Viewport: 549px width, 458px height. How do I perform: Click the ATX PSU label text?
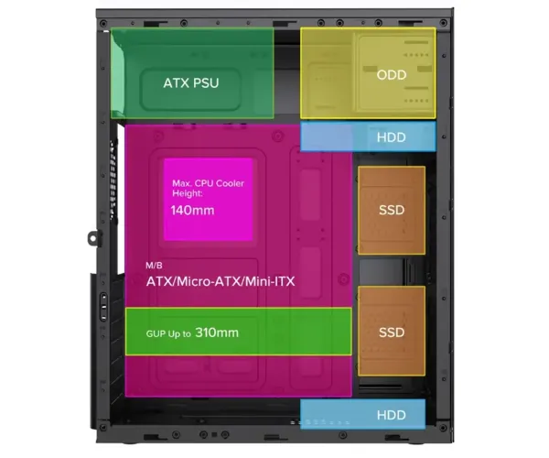(191, 83)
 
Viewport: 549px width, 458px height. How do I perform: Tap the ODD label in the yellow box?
(392, 74)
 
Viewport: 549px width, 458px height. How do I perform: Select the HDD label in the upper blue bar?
(391, 137)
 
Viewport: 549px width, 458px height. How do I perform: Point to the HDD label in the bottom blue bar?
(391, 415)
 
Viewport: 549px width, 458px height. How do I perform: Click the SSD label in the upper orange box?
(392, 210)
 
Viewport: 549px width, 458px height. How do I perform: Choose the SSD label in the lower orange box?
(392, 333)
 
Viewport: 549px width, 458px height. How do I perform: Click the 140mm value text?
(192, 211)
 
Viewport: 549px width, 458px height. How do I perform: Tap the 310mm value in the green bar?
(217, 333)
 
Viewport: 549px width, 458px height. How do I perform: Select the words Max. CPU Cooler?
(208, 183)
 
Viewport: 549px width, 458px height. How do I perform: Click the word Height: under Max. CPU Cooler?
(188, 193)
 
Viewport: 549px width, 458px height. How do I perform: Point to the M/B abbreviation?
(154, 266)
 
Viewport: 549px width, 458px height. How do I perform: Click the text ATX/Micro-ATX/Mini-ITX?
(221, 281)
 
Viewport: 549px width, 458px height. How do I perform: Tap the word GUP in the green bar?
(156, 333)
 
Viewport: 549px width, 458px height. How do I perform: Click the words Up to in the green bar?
(179, 333)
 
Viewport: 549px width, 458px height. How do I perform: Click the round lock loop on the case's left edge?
(92, 238)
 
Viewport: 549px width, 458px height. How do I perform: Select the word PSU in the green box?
(206, 83)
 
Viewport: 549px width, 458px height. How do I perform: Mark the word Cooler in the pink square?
(230, 183)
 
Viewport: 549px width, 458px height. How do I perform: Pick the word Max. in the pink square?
(182, 183)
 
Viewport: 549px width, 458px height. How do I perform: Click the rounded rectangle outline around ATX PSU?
(141, 90)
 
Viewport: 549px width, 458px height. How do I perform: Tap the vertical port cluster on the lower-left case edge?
(103, 307)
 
